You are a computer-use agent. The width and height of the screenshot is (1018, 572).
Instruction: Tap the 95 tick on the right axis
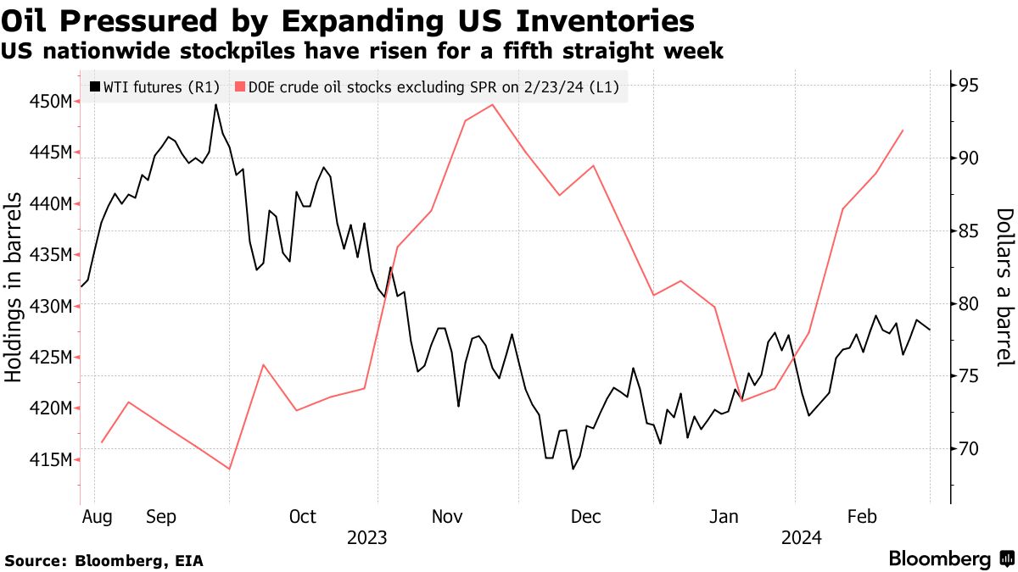pyautogui.click(x=970, y=86)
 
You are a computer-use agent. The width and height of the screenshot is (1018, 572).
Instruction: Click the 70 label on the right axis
pyautogui.click(x=970, y=449)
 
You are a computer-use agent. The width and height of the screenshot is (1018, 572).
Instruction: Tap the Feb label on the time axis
pyautogui.click(x=862, y=517)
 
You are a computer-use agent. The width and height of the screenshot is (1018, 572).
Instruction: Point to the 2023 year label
pyautogui.click(x=366, y=538)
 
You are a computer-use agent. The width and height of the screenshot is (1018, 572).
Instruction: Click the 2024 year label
pyautogui.click(x=801, y=538)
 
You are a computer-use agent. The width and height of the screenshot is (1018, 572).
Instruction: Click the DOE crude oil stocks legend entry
pyautogui.click(x=433, y=86)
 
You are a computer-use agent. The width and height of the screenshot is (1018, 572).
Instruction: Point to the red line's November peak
pyautogui.click(x=493, y=104)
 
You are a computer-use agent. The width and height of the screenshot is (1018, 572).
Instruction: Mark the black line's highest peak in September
pyautogui.click(x=215, y=104)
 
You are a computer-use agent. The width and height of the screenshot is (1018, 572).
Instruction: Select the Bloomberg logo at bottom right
pyautogui.click(x=950, y=559)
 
